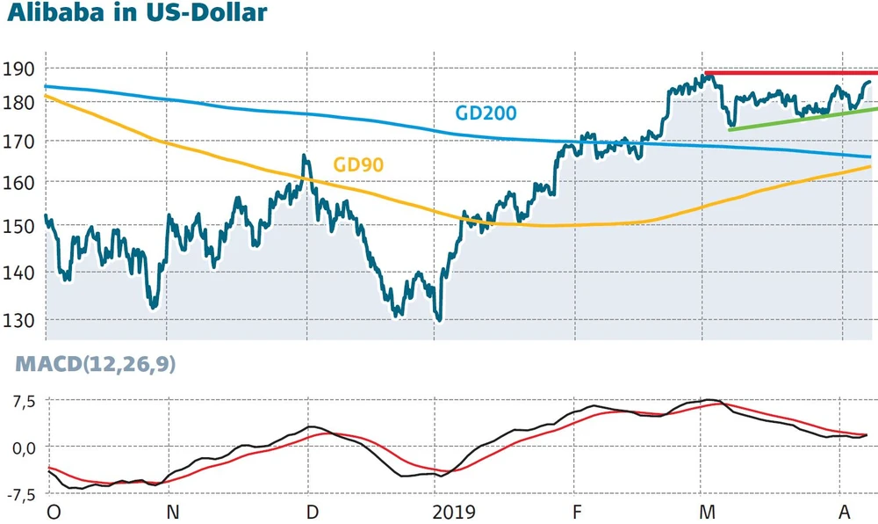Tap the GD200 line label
(485, 113)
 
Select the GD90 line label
(358, 164)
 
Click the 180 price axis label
(18, 102)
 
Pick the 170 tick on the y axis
(18, 142)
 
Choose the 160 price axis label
(18, 182)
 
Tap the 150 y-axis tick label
(18, 226)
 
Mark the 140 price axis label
(18, 273)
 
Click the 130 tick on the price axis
(18, 320)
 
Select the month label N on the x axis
(172, 512)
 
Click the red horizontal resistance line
(790, 73)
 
